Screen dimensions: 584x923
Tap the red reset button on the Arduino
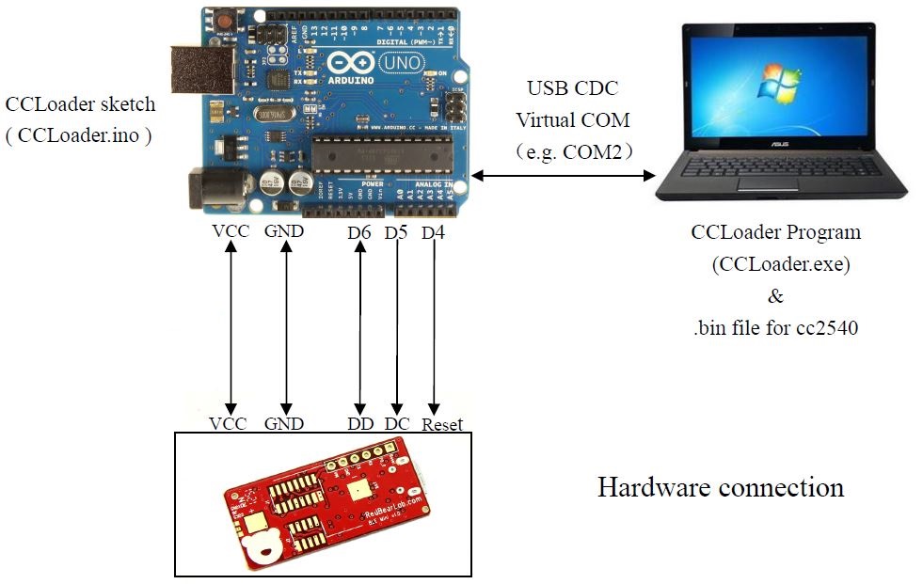point(226,19)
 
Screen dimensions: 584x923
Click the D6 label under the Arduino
point(358,231)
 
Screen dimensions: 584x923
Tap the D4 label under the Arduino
point(433,231)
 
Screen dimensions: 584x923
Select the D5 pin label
point(396,231)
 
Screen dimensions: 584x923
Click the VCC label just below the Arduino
point(231,231)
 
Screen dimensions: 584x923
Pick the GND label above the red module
point(284,423)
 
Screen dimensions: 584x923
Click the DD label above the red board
point(360,423)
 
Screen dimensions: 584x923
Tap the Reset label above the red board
point(442,424)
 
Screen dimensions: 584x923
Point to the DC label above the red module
point(397,423)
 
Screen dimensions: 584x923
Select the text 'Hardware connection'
point(721,487)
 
